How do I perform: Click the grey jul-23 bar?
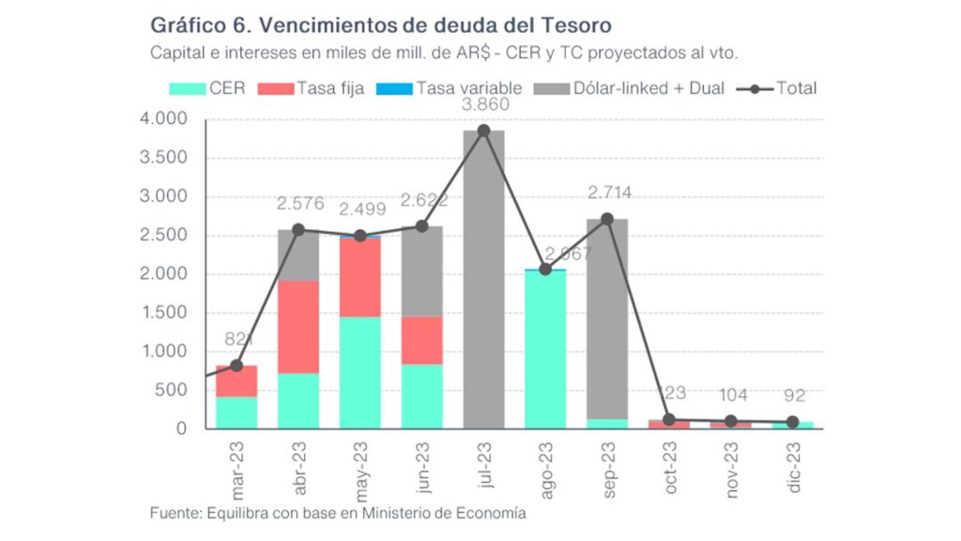click(483, 282)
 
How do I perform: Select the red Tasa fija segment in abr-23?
click(298, 327)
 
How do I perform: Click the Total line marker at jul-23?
click(483, 131)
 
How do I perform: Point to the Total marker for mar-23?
click(236, 365)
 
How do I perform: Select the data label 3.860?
click(483, 104)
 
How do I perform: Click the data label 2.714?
click(609, 193)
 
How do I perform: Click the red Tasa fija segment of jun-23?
click(421, 340)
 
